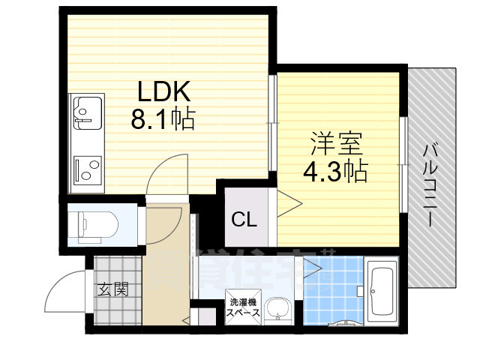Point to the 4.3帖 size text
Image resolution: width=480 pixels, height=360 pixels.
click(x=334, y=173)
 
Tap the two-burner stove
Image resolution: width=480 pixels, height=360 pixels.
click(x=88, y=170)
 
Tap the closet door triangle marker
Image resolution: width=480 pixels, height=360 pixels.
click(x=289, y=203)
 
